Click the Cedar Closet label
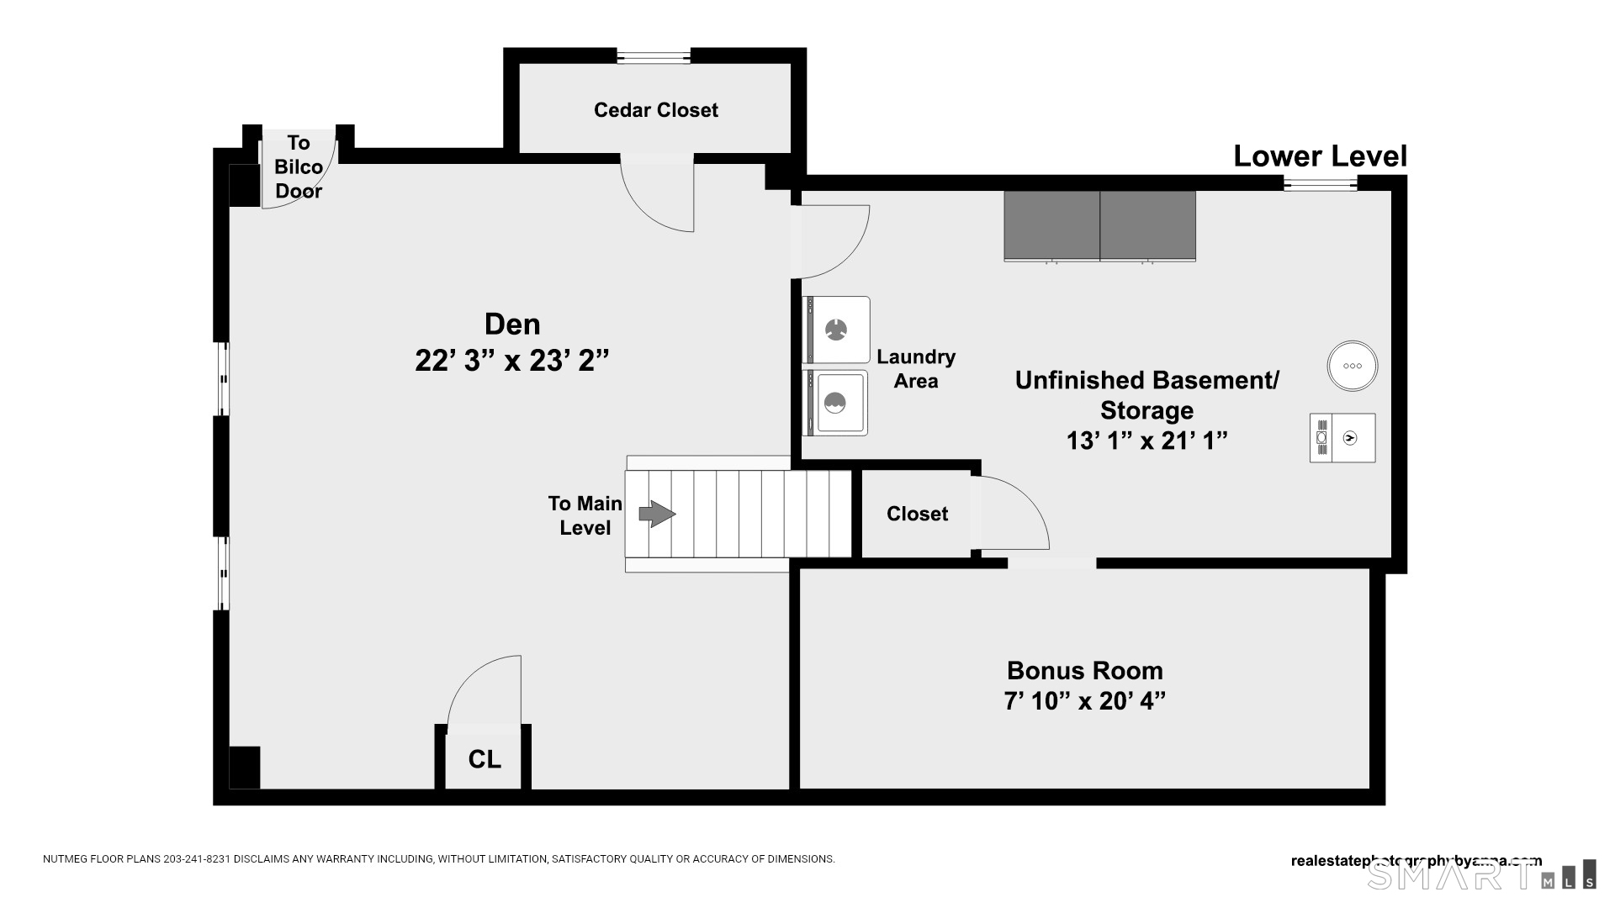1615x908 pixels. (x=655, y=110)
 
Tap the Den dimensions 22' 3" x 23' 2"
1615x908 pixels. (x=511, y=361)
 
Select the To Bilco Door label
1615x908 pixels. (x=299, y=166)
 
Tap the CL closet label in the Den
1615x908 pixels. (x=484, y=759)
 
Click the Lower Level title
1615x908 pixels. (x=1320, y=156)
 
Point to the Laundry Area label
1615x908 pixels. (x=916, y=369)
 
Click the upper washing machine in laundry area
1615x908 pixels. (x=836, y=330)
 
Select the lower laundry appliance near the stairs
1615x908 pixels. (x=836, y=404)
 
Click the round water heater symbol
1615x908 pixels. (x=1352, y=366)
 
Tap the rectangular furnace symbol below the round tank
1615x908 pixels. (x=1342, y=438)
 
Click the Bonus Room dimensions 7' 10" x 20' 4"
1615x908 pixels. (x=1084, y=700)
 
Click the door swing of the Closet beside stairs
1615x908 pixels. (x=1009, y=513)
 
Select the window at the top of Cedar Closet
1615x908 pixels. (x=654, y=57)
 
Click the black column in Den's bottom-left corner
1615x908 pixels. (x=244, y=768)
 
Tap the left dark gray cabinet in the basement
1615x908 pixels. (x=1051, y=225)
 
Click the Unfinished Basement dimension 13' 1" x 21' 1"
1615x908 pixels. (x=1146, y=441)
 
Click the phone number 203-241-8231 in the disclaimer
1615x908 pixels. (x=197, y=859)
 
